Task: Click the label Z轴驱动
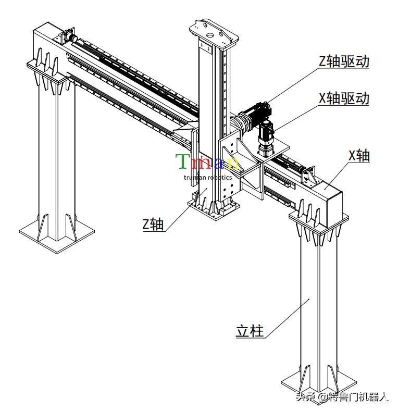(344, 61)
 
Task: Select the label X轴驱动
(344, 98)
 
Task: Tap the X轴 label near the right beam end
(359, 156)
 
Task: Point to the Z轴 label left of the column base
(153, 225)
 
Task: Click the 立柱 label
(250, 331)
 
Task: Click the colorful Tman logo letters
(207, 161)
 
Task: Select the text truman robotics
(208, 178)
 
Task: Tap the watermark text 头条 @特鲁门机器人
(342, 396)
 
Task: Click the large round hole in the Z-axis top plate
(210, 35)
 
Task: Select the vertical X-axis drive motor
(265, 139)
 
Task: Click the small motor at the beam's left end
(70, 36)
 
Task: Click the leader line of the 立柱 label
(287, 318)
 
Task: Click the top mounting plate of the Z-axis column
(214, 33)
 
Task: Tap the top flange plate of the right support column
(319, 221)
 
